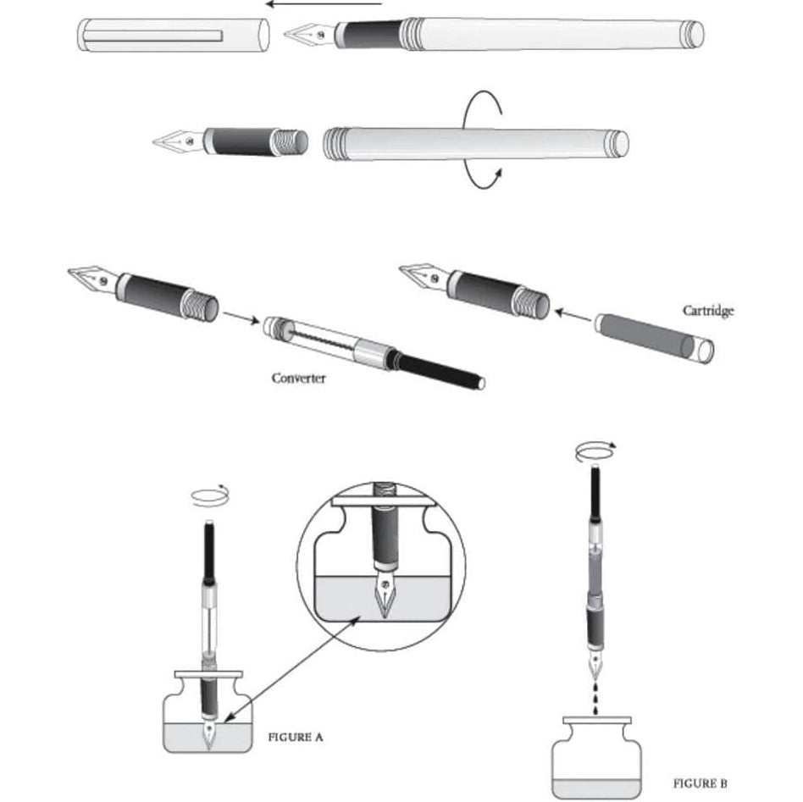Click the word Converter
[x=298, y=378]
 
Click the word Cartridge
[x=708, y=311]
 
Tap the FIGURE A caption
[x=295, y=737]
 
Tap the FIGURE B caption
[x=700, y=783]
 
